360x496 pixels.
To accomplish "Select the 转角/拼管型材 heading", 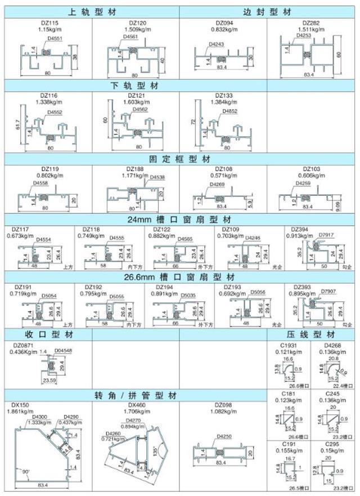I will pos(134,396).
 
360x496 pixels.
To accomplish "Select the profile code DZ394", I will pos(301,229).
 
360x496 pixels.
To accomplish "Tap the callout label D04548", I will pos(65,351).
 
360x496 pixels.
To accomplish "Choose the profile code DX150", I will pos(20,405).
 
